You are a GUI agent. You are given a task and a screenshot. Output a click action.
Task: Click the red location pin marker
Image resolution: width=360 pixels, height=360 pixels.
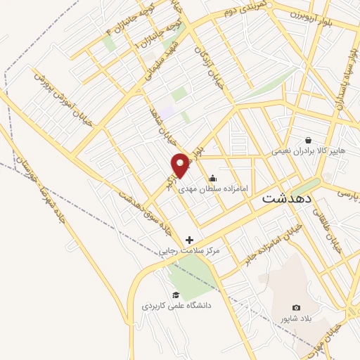181,165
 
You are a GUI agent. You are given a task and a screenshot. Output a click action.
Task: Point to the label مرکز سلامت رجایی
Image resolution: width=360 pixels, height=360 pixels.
188,250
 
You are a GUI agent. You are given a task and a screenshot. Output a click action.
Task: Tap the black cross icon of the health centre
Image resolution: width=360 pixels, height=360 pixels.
189,240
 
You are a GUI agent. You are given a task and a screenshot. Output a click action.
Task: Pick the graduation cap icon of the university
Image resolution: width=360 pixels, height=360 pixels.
175,295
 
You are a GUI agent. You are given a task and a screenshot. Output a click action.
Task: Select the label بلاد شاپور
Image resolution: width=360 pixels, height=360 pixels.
296,319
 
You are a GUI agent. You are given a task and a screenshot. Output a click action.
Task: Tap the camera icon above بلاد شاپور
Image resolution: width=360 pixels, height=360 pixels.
296,308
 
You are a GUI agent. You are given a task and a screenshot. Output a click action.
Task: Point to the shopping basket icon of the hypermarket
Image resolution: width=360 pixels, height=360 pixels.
307,140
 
